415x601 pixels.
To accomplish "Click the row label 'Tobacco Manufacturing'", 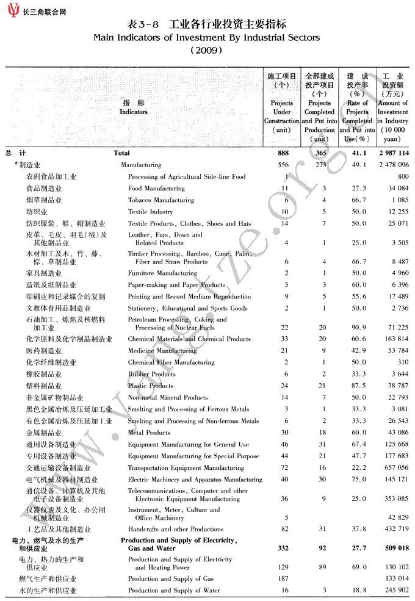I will [161, 200].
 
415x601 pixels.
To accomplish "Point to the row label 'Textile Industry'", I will [150, 212].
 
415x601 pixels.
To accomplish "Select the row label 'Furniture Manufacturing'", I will [162, 273].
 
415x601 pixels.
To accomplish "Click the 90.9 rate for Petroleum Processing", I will [357, 328].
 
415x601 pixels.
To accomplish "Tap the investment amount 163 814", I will [394, 339].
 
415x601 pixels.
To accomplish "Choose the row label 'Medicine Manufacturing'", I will [162, 351].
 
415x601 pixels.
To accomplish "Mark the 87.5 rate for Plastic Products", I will [357, 386].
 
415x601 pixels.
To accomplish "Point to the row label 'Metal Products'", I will [149, 433].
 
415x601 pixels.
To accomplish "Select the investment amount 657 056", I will [394, 468].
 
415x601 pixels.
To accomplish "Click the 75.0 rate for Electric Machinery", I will [357, 480].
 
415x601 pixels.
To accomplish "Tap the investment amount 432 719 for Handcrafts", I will [394, 529].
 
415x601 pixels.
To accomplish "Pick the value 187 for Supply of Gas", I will [283, 578].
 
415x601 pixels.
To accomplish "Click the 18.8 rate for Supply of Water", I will [357, 591].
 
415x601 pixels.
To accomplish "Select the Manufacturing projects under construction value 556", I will [283, 165].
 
